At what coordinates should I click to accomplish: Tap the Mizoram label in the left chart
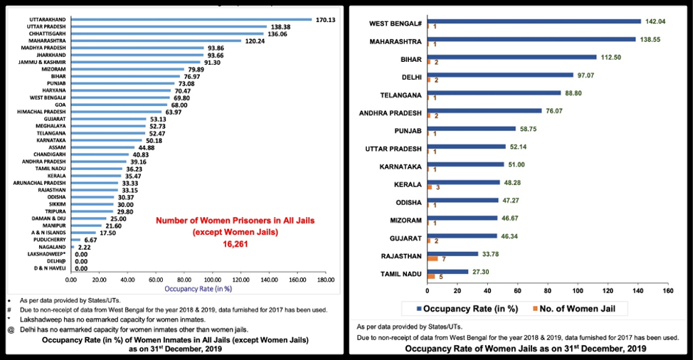coord(55,69)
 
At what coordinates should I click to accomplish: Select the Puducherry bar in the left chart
coord(74,240)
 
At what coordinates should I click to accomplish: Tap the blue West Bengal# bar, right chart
coord(534,21)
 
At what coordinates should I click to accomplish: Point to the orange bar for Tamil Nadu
coord(430,276)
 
